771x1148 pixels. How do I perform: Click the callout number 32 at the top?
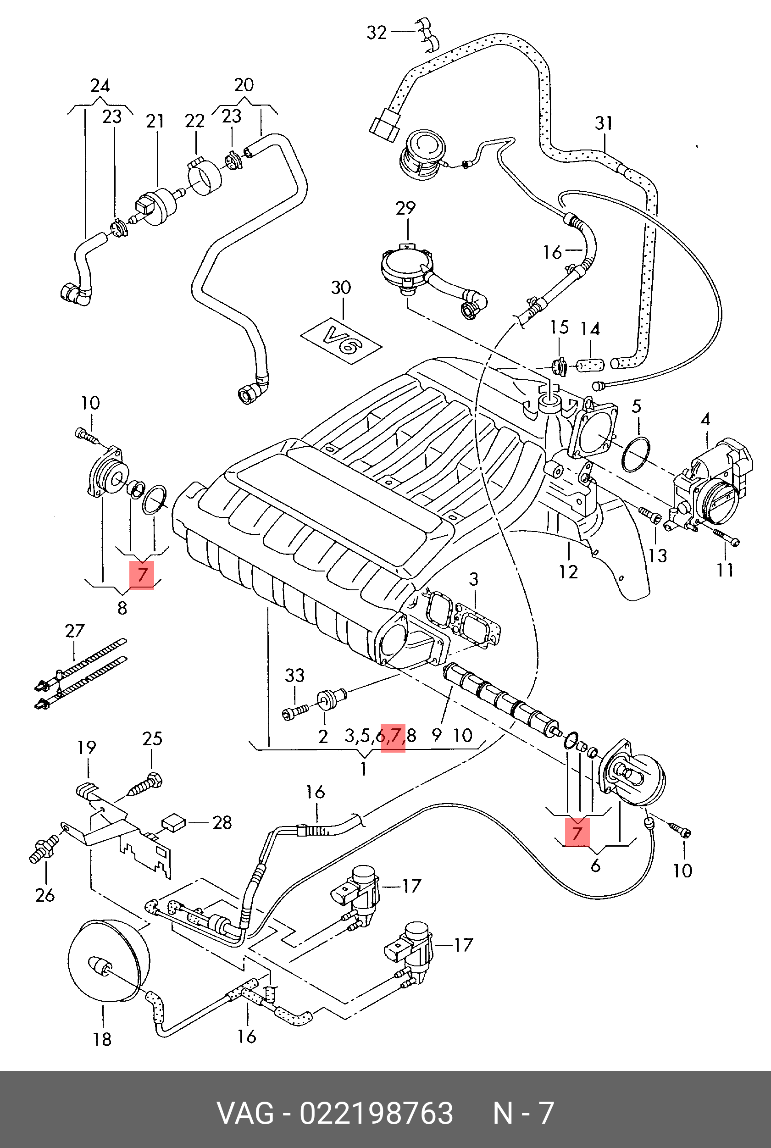pos(377,33)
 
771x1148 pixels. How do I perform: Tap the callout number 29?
pos(405,209)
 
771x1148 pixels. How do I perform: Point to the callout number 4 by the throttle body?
pos(705,419)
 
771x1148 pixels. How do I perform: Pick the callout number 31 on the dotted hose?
pos(604,123)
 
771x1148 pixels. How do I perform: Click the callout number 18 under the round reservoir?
pos(102,1039)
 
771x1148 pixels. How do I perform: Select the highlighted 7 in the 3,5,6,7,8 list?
pos(393,736)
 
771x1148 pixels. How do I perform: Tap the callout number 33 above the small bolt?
pos(294,676)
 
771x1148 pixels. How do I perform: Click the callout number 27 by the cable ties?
pos(75,631)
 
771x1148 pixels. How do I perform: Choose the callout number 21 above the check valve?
pos(155,121)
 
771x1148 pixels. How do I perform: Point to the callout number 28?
pos(222,822)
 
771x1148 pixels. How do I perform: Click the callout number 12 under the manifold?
pos(568,572)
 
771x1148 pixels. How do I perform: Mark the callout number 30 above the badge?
pos(341,288)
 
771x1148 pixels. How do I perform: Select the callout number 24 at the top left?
pos(100,86)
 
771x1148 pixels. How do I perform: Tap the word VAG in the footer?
pos(245,1113)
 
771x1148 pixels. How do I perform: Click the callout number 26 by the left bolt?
pos(45,895)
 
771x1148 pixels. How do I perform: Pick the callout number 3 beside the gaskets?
pos(473,579)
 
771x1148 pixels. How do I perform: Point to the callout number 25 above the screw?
pos(152,738)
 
